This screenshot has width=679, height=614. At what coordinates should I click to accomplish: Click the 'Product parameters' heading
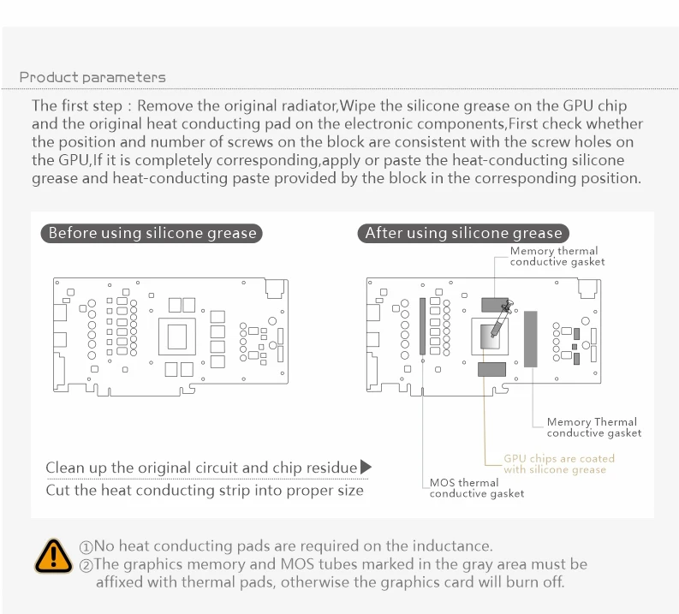(x=92, y=77)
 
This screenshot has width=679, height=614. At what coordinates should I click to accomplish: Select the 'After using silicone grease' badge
(x=463, y=233)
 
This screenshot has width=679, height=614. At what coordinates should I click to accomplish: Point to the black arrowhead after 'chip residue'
(x=366, y=468)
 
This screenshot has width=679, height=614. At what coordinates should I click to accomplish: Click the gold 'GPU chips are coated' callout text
(x=558, y=463)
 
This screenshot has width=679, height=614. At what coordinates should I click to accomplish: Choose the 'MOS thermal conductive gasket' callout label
(x=476, y=487)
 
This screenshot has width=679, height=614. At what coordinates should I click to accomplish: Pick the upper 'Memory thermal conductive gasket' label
(x=557, y=256)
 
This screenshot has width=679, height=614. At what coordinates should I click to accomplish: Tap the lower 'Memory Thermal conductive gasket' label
(x=593, y=426)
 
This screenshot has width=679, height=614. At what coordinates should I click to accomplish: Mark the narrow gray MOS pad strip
(x=422, y=327)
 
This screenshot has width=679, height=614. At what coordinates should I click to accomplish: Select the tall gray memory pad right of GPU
(x=530, y=340)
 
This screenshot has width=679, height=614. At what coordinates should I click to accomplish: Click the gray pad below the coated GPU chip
(x=491, y=370)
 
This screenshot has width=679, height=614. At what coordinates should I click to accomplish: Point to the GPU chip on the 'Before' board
(x=182, y=337)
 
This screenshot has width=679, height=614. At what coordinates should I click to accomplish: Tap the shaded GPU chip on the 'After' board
(x=489, y=337)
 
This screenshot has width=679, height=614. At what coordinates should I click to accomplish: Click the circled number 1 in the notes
(x=86, y=547)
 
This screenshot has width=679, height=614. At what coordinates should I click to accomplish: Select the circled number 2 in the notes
(x=86, y=565)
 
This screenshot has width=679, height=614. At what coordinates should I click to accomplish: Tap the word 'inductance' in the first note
(x=450, y=546)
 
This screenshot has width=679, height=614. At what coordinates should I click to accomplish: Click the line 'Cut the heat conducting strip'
(x=204, y=491)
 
